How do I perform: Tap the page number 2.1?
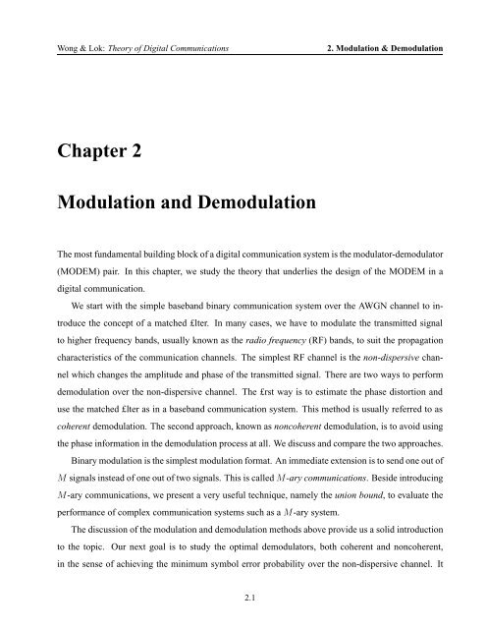(x=243, y=594)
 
